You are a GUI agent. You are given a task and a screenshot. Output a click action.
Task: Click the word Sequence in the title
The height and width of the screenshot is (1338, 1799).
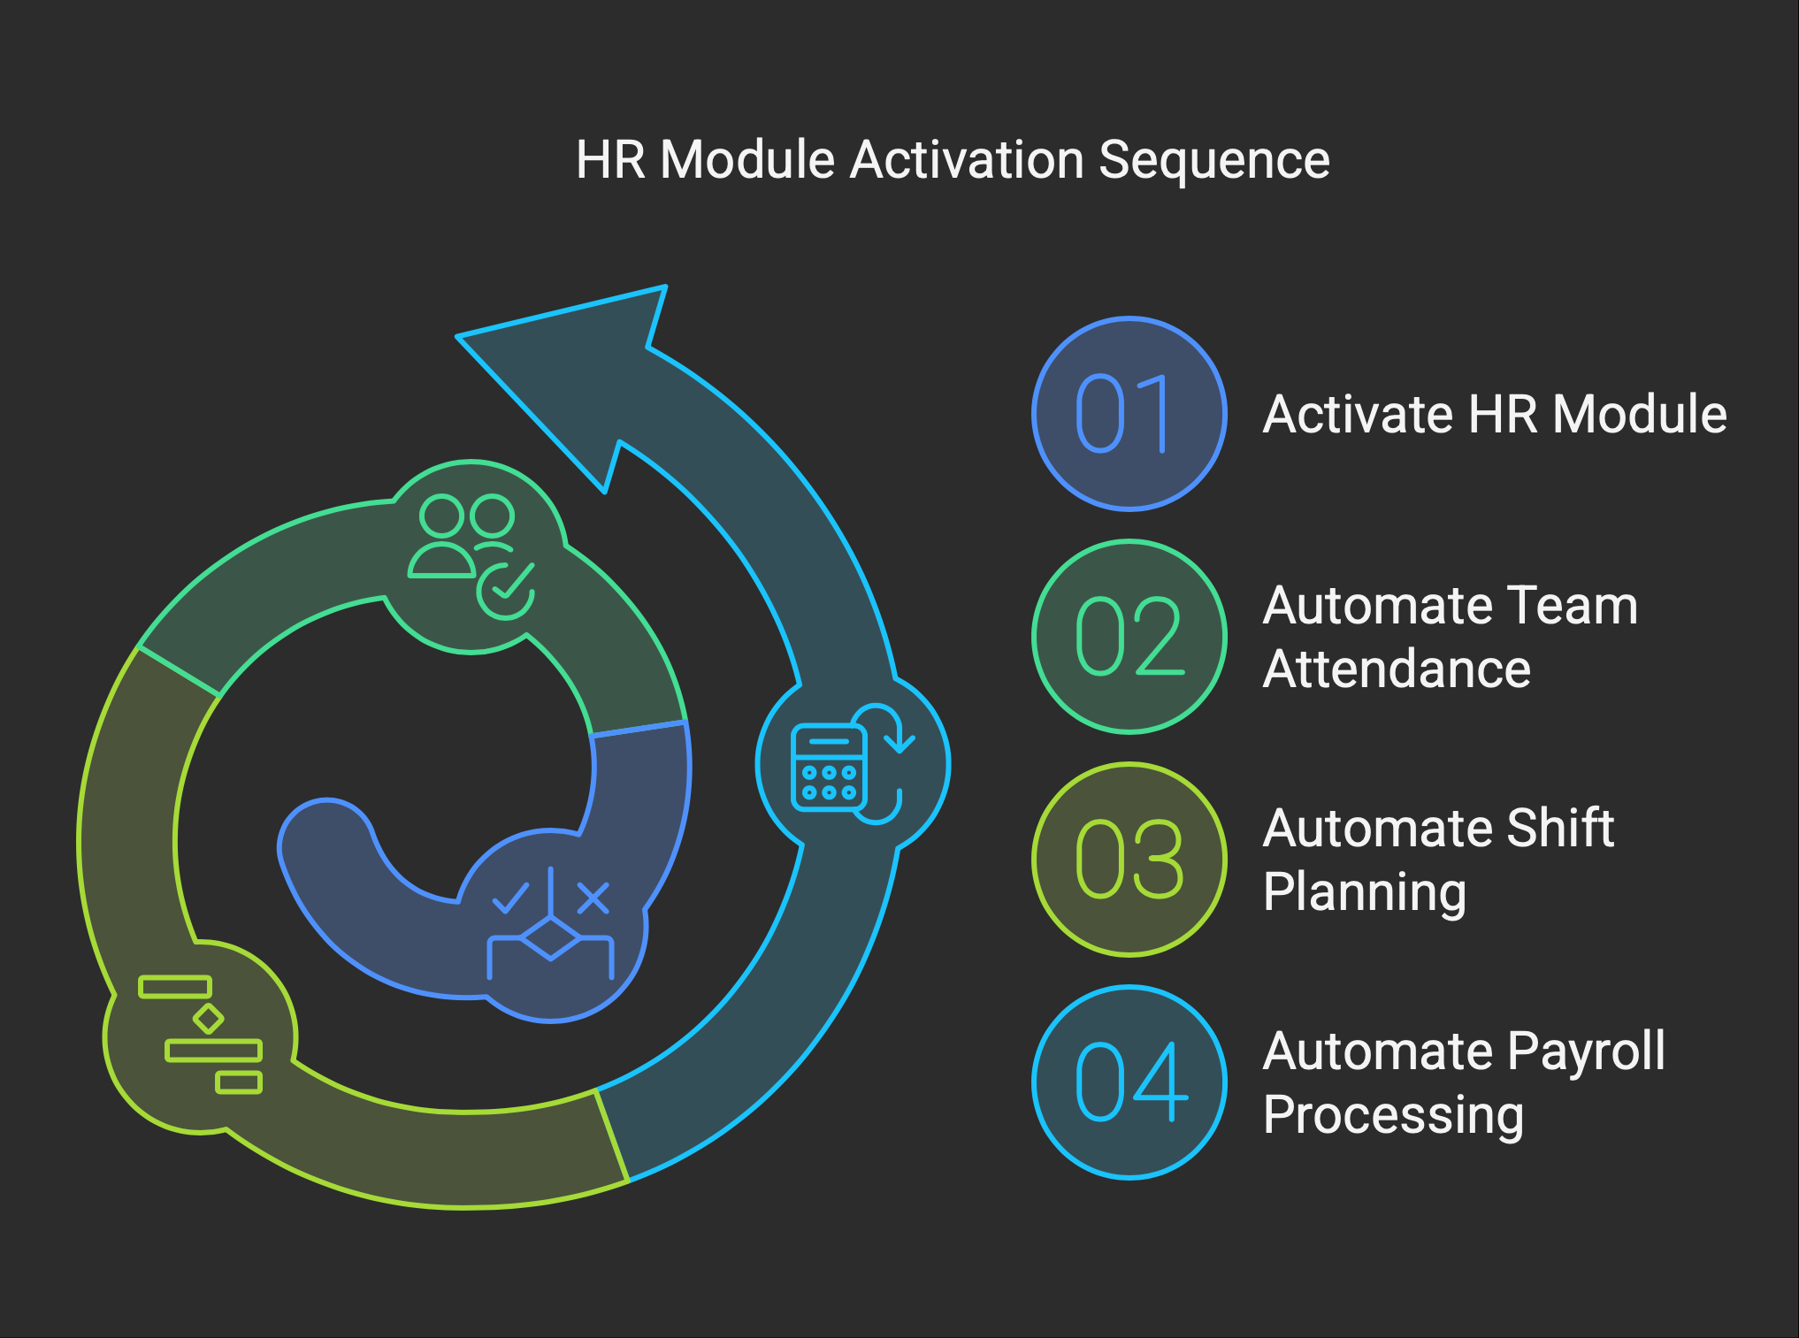(1214, 161)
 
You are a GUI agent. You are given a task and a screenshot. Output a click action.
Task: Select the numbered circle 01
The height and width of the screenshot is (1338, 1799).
(1129, 413)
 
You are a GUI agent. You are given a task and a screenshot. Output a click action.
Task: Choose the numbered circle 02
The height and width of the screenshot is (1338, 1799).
(1129, 636)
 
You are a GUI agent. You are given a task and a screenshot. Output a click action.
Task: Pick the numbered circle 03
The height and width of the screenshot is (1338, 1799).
(1129, 859)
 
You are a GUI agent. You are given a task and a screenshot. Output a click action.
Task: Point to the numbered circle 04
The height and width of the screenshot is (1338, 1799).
(1129, 1082)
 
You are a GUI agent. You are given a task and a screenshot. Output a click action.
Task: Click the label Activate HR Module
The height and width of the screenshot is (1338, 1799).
(1495, 414)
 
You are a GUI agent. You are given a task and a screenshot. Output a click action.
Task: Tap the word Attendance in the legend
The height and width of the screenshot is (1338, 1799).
(1397, 669)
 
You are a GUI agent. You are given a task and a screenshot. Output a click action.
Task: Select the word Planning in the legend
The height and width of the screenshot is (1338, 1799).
(1365, 893)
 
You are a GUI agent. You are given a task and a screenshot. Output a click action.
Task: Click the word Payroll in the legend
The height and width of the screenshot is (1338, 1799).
(1586, 1052)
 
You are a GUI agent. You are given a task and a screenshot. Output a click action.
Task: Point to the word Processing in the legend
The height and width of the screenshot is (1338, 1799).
(1393, 1116)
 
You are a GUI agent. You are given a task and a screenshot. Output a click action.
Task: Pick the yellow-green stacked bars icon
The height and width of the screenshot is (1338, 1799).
(201, 1034)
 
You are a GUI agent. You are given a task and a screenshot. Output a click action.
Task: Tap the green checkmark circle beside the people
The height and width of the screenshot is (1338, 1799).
(506, 590)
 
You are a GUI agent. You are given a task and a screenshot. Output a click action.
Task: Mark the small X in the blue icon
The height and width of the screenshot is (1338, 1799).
(593, 898)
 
